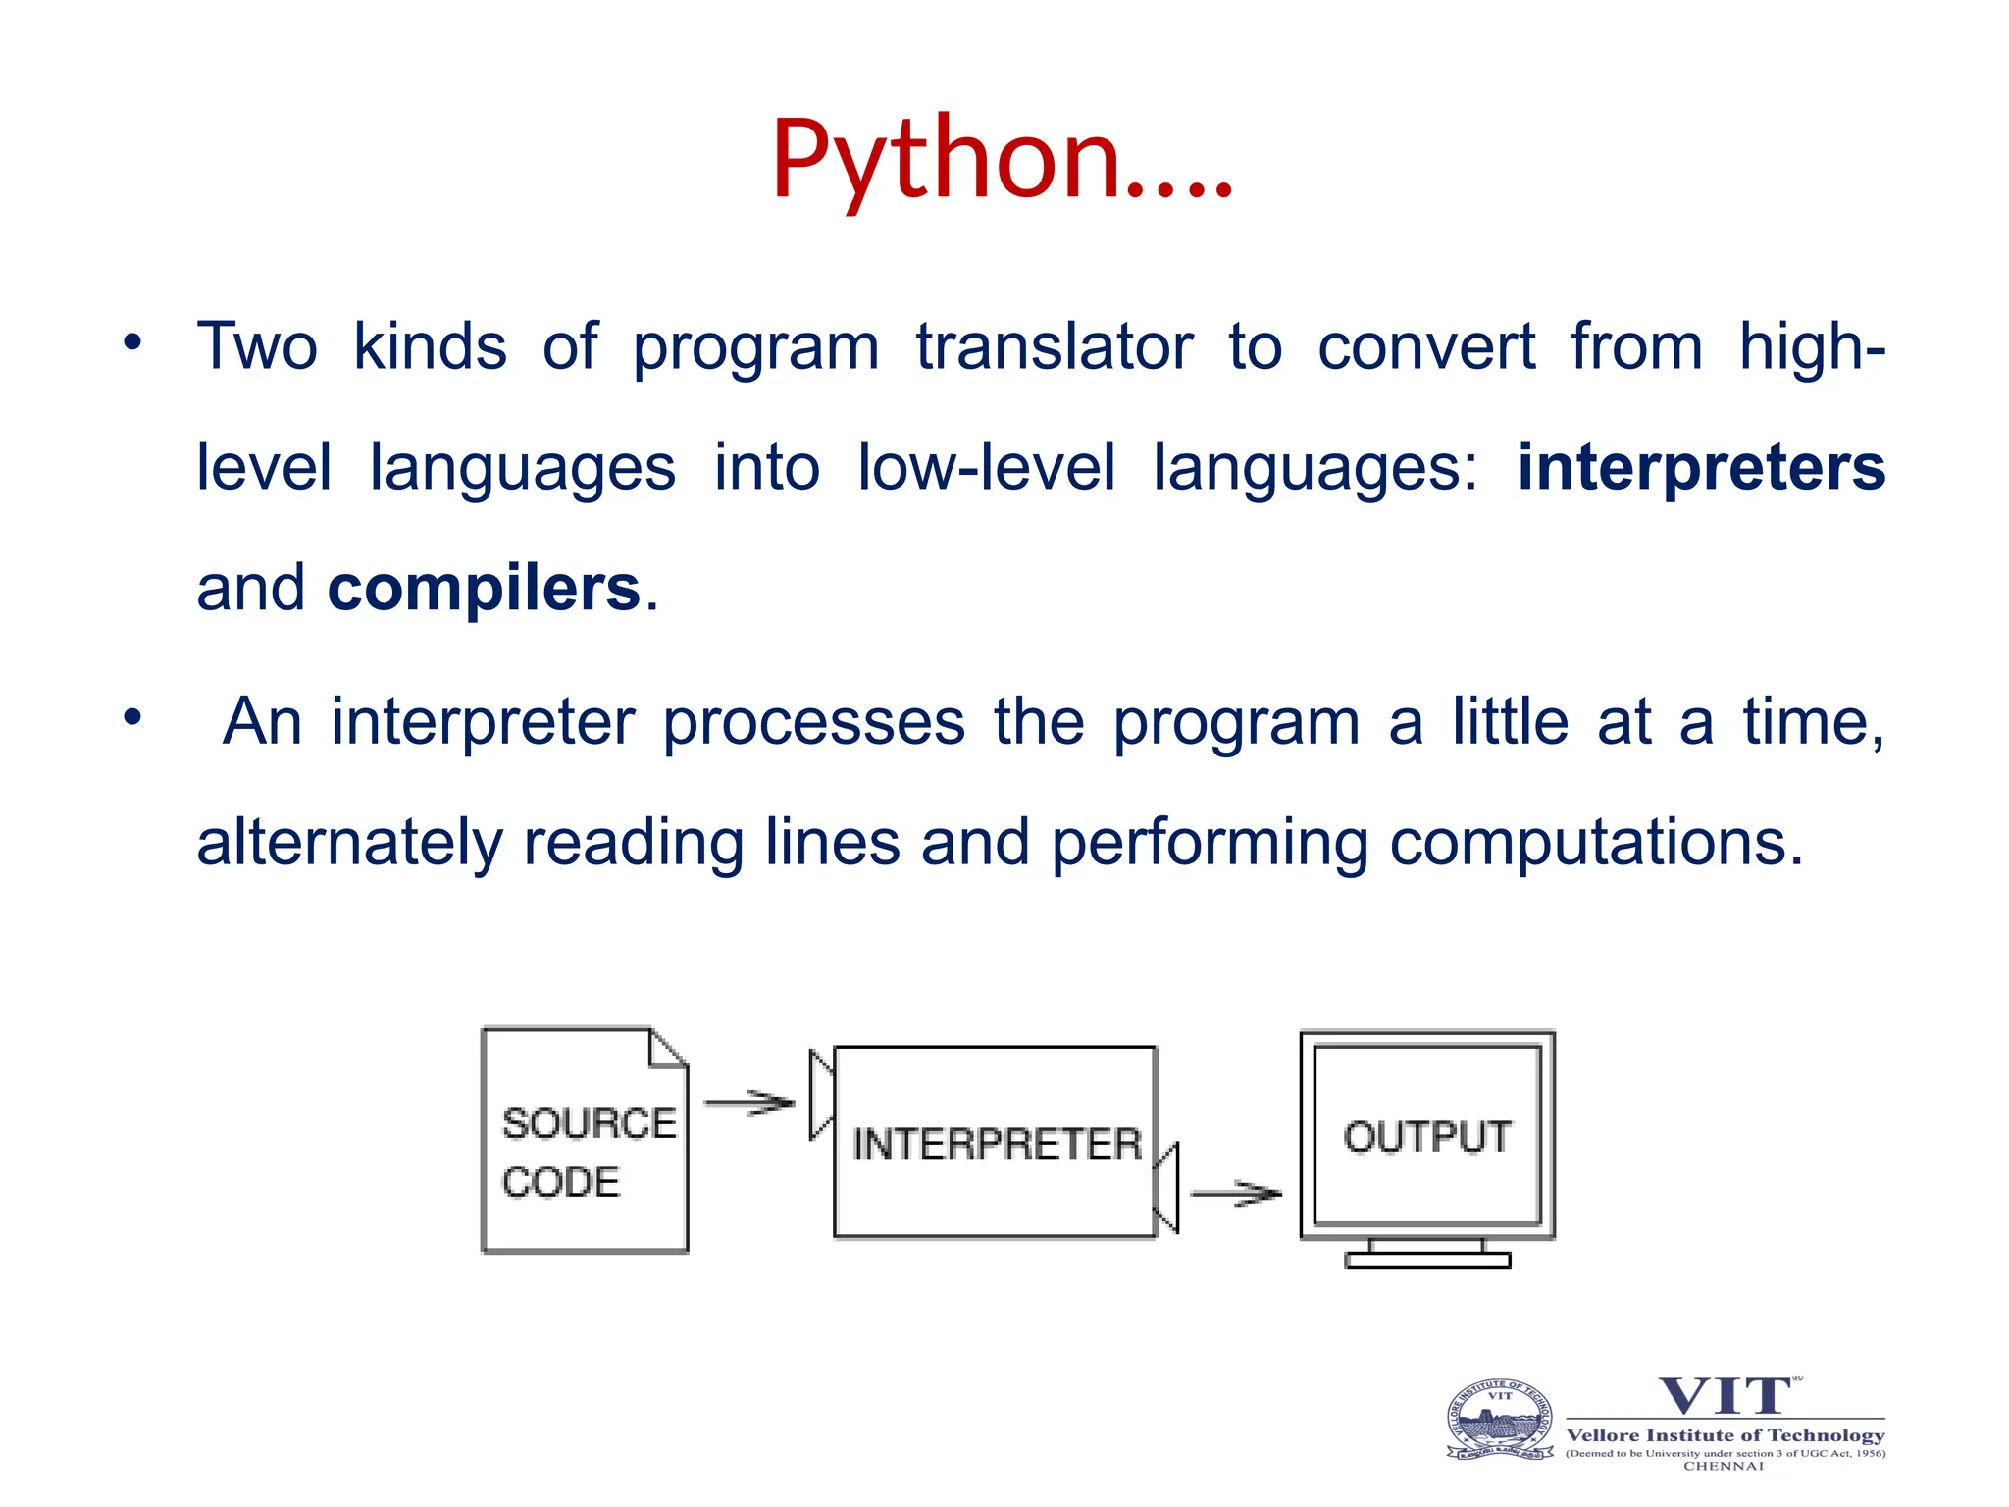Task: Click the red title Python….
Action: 1001,160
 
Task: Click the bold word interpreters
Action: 1701,467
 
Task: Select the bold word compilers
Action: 484,589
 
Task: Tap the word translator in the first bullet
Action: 1055,347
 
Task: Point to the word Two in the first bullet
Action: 257,347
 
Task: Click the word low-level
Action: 986,467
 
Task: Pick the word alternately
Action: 350,843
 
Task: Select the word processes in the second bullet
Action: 814,723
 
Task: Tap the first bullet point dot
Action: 132,343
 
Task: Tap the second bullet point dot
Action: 132,718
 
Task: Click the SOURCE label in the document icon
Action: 589,1123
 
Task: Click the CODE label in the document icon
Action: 561,1182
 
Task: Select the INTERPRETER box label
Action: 997,1144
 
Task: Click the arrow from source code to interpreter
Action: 749,1103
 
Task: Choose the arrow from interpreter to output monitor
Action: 1236,1194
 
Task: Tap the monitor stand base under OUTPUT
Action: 1427,1260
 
